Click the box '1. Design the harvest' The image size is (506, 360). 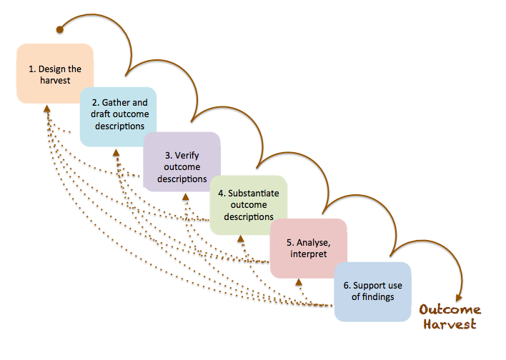click(55, 74)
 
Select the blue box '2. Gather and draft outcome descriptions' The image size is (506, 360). click(118, 116)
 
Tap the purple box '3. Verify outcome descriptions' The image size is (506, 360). click(182, 161)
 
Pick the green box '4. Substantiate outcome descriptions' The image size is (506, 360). click(249, 205)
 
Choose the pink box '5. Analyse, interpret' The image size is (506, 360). click(309, 248)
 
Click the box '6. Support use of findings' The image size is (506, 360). click(373, 291)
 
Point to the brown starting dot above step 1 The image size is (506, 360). click(60, 30)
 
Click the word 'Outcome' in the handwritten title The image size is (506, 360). click(450, 310)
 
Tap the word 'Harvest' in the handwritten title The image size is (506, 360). click(450, 324)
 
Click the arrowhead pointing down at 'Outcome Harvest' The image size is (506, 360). click(459, 298)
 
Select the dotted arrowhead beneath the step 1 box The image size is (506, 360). click(47, 109)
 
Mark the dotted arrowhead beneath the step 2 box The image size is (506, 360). click(116, 153)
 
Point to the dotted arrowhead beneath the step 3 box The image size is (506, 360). click(186, 196)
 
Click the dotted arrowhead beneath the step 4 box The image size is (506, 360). click(240, 239)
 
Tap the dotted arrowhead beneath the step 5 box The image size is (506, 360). click(299, 282)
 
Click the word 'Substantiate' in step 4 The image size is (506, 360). click(253, 194)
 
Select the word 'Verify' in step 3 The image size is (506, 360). click(187, 156)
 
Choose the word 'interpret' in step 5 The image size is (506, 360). click(309, 254)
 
